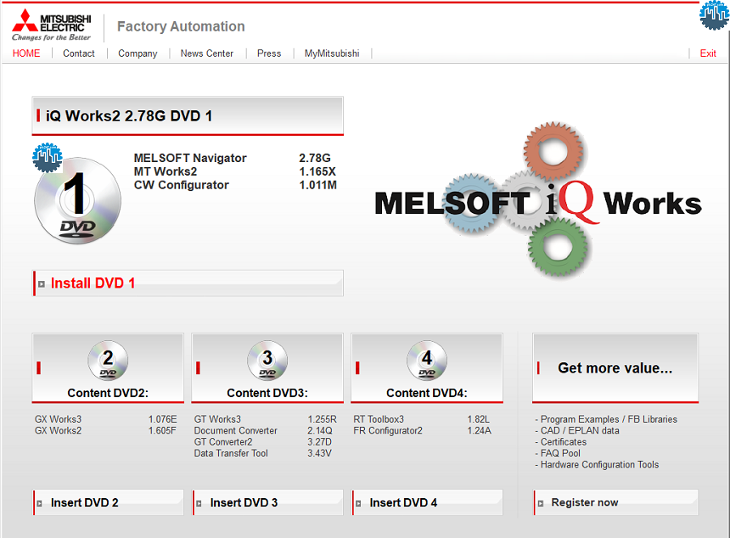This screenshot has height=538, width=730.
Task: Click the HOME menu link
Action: coord(26,53)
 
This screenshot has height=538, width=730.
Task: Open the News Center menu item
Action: coord(207,53)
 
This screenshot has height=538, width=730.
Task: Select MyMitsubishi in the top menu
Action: coord(332,53)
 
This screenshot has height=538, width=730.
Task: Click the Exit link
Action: coord(708,53)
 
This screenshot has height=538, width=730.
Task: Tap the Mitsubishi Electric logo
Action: coord(50,25)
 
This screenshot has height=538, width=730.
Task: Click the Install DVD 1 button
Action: coord(93,283)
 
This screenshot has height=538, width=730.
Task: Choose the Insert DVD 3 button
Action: coord(244,502)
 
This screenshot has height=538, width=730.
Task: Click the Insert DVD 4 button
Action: coord(403,502)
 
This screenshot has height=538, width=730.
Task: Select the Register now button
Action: coord(585,502)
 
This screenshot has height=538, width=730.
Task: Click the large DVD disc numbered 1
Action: coord(77,200)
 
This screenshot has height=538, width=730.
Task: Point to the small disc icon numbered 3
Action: coord(267,361)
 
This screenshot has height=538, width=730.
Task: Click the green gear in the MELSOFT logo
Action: coord(558,245)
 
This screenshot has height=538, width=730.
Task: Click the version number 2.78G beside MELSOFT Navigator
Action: coord(315,158)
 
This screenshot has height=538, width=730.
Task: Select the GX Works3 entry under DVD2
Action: coord(58,419)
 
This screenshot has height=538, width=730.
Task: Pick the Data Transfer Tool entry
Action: coord(231,453)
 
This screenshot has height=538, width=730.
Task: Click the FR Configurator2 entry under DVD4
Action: coord(388,430)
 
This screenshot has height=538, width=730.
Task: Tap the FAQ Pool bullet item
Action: coord(560,453)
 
